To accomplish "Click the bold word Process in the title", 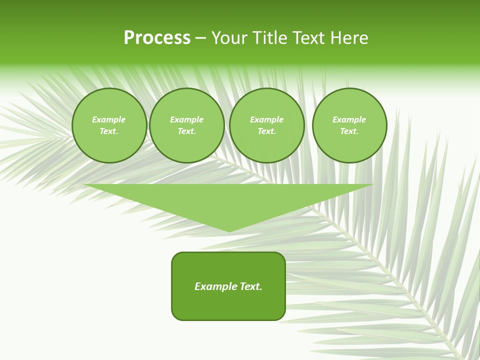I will click(157, 38).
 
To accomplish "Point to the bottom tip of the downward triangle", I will click(229, 231).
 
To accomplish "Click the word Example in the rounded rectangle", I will click(216, 286).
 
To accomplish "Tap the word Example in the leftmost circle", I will click(109, 119).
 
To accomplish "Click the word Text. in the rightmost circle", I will click(349, 131).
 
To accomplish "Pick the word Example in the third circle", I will click(267, 119).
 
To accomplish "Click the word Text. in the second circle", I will click(187, 131).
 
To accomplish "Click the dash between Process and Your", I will click(200, 38).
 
